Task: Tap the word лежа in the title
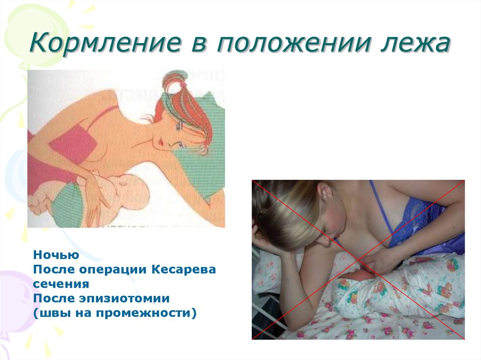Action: (x=415, y=44)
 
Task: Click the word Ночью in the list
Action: (x=56, y=255)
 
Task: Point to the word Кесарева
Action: (x=184, y=269)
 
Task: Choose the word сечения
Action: (x=61, y=284)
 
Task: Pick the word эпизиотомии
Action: (x=124, y=299)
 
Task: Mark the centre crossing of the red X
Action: (x=358, y=260)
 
